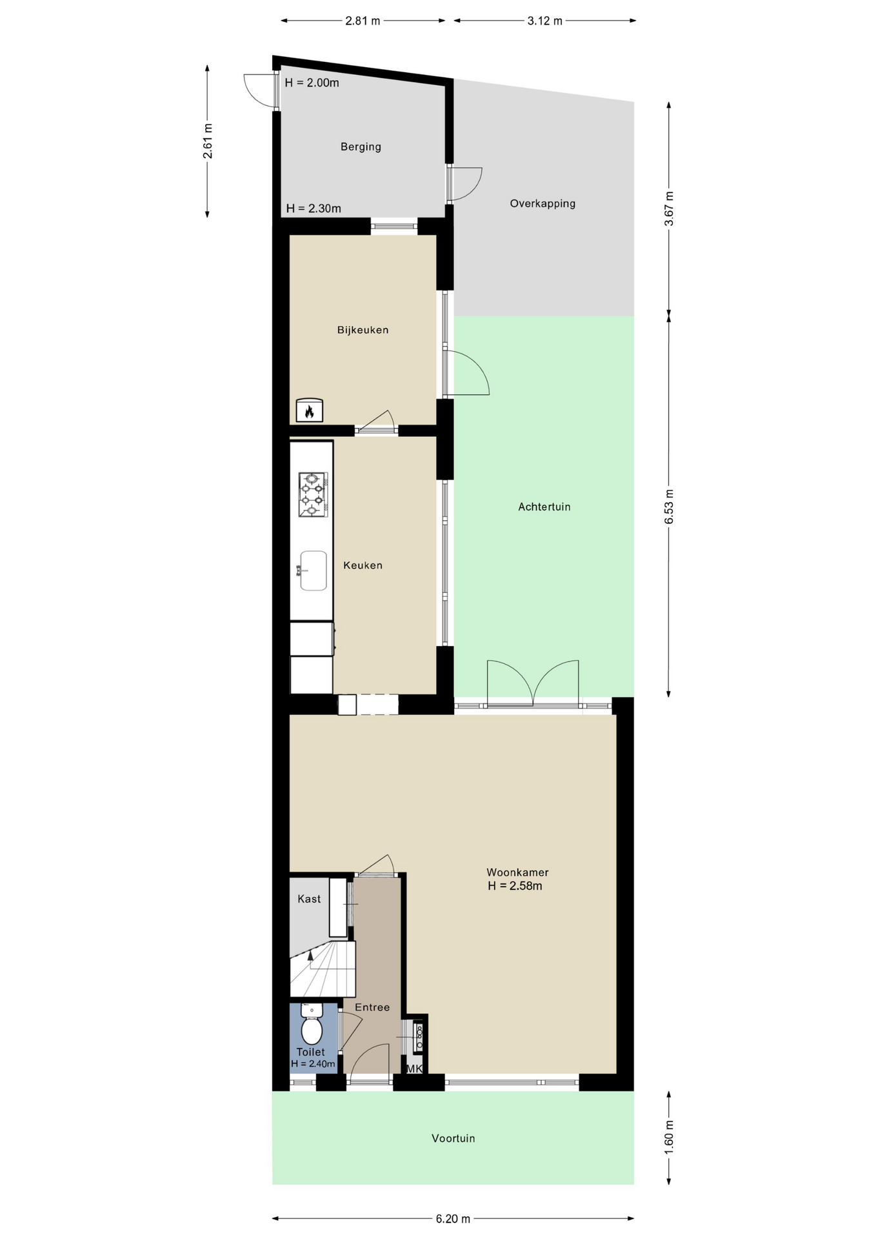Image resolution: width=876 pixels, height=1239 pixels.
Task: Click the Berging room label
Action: pos(361,147)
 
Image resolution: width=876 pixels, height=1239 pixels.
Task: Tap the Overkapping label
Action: pos(543,204)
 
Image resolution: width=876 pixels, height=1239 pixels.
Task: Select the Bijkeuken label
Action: pos(363,330)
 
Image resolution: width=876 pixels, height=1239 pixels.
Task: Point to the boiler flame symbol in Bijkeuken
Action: pos(310,410)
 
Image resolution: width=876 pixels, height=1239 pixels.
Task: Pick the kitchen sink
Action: pos(314,570)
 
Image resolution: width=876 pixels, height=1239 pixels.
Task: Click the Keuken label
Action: pos(363,566)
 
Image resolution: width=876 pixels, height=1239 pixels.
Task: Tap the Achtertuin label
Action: pos(544,507)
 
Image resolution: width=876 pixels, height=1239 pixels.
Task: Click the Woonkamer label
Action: pos(517,872)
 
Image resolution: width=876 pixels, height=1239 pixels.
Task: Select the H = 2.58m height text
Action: pos(515,886)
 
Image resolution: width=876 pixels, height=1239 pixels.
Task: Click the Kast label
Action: pos(309,899)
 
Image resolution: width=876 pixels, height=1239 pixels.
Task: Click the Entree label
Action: pos(372,1007)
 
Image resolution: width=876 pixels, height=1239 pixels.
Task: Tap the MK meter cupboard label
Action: pos(414,1069)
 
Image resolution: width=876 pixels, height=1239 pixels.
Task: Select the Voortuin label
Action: pos(453,1138)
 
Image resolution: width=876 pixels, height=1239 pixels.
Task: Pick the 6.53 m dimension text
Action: pos(669,507)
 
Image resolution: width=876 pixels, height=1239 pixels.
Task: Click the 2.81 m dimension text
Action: pos(363,21)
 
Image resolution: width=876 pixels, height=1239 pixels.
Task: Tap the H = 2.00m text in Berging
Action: pos(312,83)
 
